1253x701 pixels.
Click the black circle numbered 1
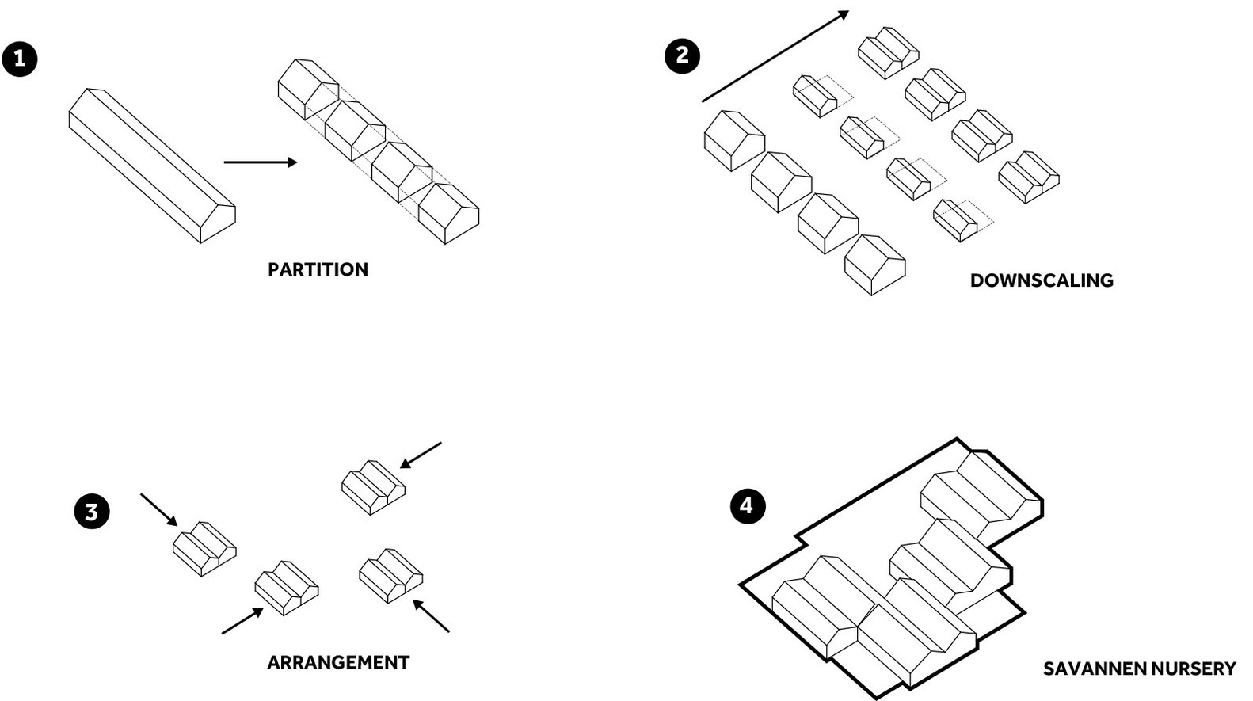[20, 59]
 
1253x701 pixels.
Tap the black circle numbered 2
[682, 55]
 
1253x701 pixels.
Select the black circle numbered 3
[92, 511]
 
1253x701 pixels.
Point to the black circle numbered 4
[748, 505]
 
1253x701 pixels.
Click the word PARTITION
[318, 269]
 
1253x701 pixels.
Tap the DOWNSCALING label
[1042, 280]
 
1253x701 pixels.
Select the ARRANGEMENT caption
[338, 662]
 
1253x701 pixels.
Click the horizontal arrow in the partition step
[260, 162]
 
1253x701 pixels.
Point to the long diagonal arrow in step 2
[775, 57]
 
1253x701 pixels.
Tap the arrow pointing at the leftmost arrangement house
[158, 509]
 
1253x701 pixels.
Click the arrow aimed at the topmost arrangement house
[421, 455]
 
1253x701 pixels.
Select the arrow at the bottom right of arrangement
[432, 616]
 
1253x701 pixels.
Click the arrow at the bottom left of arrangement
[242, 621]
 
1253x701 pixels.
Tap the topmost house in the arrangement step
[373, 487]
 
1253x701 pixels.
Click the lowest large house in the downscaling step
[874, 265]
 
